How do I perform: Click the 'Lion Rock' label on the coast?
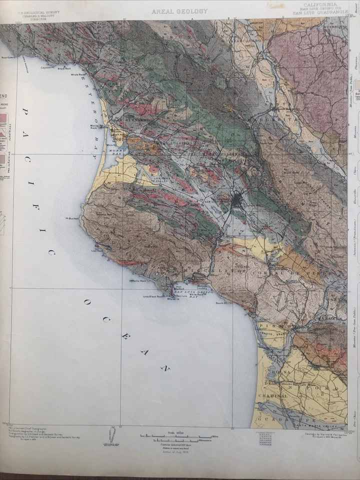pyautogui.click(x=96, y=251)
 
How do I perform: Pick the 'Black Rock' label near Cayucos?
pyautogui.click(x=64, y=68)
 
